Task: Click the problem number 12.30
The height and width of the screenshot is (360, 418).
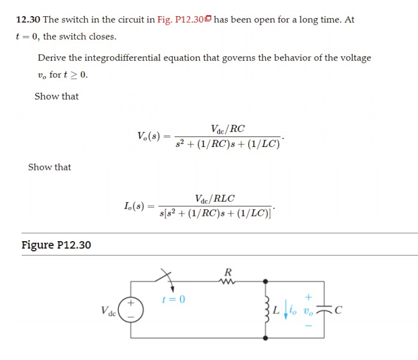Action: point(28,19)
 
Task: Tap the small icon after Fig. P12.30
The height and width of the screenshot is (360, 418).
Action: point(208,19)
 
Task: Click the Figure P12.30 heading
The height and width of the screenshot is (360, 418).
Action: point(56,245)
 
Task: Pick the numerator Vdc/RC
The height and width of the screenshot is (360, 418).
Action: point(228,129)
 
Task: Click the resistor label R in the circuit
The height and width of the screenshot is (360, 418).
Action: point(228,271)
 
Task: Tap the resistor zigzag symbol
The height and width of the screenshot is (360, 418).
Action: point(228,281)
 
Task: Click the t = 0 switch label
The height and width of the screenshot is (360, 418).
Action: point(174,299)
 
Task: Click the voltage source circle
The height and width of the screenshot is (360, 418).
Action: point(133,309)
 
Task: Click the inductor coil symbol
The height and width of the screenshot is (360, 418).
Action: point(266,309)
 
